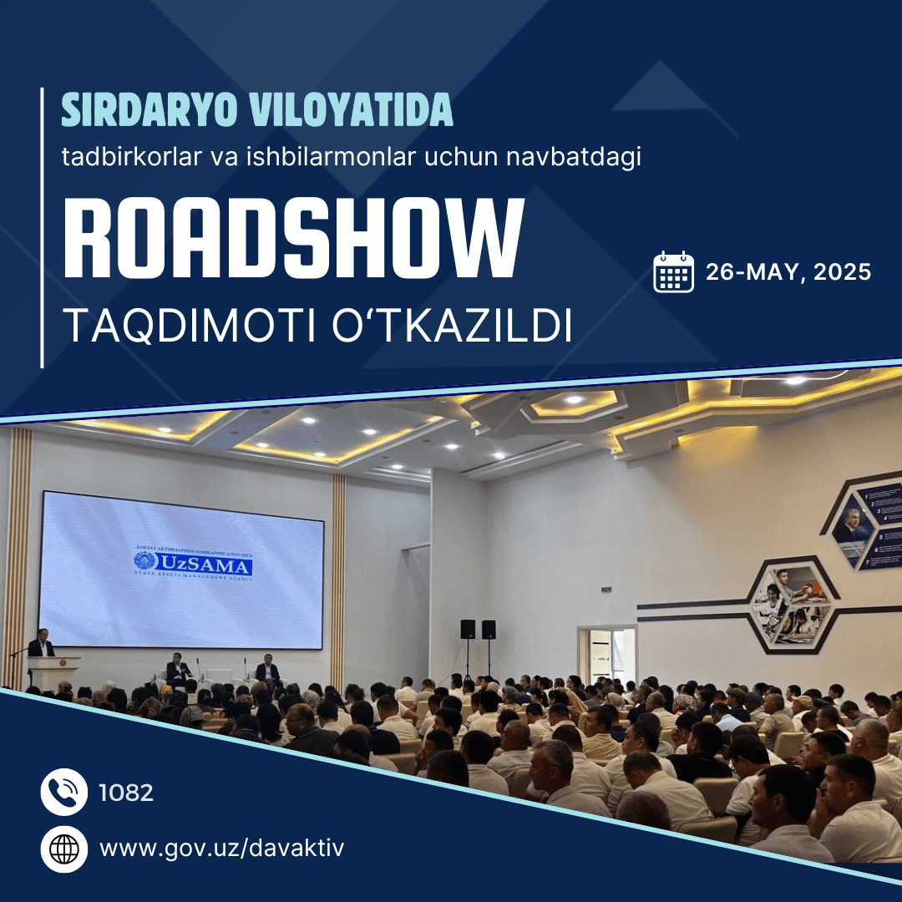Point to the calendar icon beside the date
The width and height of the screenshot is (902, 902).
673,271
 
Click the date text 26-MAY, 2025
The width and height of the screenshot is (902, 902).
788,272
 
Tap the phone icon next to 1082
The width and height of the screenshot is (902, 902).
64,792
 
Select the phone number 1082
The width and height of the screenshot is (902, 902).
126,793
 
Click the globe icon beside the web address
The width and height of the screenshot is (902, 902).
64,849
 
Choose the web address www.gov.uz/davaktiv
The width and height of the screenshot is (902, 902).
221,849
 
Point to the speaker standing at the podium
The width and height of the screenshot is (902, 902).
40,644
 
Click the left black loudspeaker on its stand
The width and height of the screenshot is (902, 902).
468,629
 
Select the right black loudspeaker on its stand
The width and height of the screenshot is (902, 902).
489,629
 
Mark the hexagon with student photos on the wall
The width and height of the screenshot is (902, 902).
791,604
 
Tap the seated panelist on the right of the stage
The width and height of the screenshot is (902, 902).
267,667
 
